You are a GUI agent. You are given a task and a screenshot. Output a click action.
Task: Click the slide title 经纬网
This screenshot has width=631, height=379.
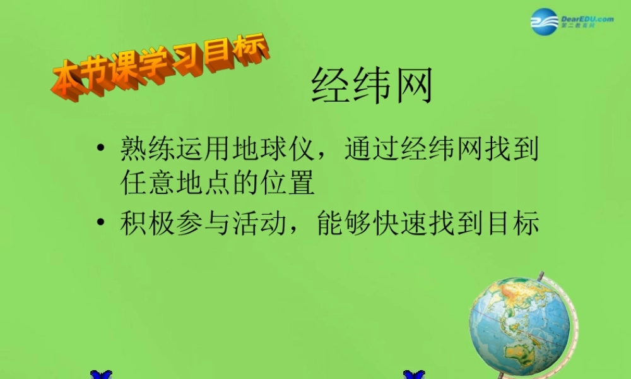[x=372, y=87]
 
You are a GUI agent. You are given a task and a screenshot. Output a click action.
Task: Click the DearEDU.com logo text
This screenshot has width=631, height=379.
[x=586, y=19]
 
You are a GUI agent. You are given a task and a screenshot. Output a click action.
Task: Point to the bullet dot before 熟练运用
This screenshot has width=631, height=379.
[x=100, y=152]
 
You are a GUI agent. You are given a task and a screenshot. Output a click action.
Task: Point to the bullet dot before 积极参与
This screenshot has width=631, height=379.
[x=100, y=224]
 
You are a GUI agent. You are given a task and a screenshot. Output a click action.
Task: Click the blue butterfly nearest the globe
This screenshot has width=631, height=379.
[x=414, y=375]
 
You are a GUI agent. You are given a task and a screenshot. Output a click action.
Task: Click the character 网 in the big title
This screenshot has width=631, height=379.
[x=413, y=87]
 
